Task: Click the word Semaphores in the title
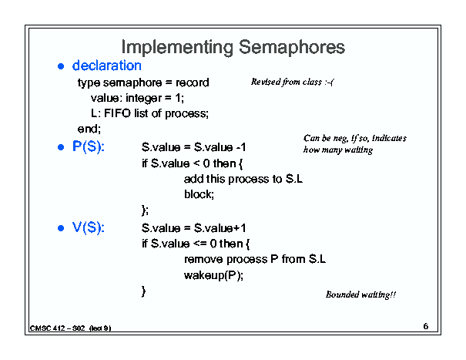click(x=292, y=47)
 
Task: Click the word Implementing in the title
click(x=177, y=48)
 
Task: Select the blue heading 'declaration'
click(x=107, y=66)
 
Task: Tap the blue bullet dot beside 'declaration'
click(x=61, y=66)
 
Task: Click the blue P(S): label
click(x=89, y=146)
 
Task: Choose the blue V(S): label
click(x=89, y=227)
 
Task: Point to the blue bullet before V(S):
click(x=61, y=228)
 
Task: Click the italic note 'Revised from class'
click(x=287, y=82)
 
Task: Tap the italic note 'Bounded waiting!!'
click(x=360, y=294)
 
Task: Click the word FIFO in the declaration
click(x=117, y=113)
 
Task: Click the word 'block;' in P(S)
click(x=199, y=194)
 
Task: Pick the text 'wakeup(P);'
click(x=213, y=275)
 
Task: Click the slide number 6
click(x=426, y=326)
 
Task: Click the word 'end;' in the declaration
click(x=89, y=129)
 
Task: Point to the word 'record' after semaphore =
click(x=193, y=82)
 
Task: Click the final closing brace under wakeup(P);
click(x=144, y=291)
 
